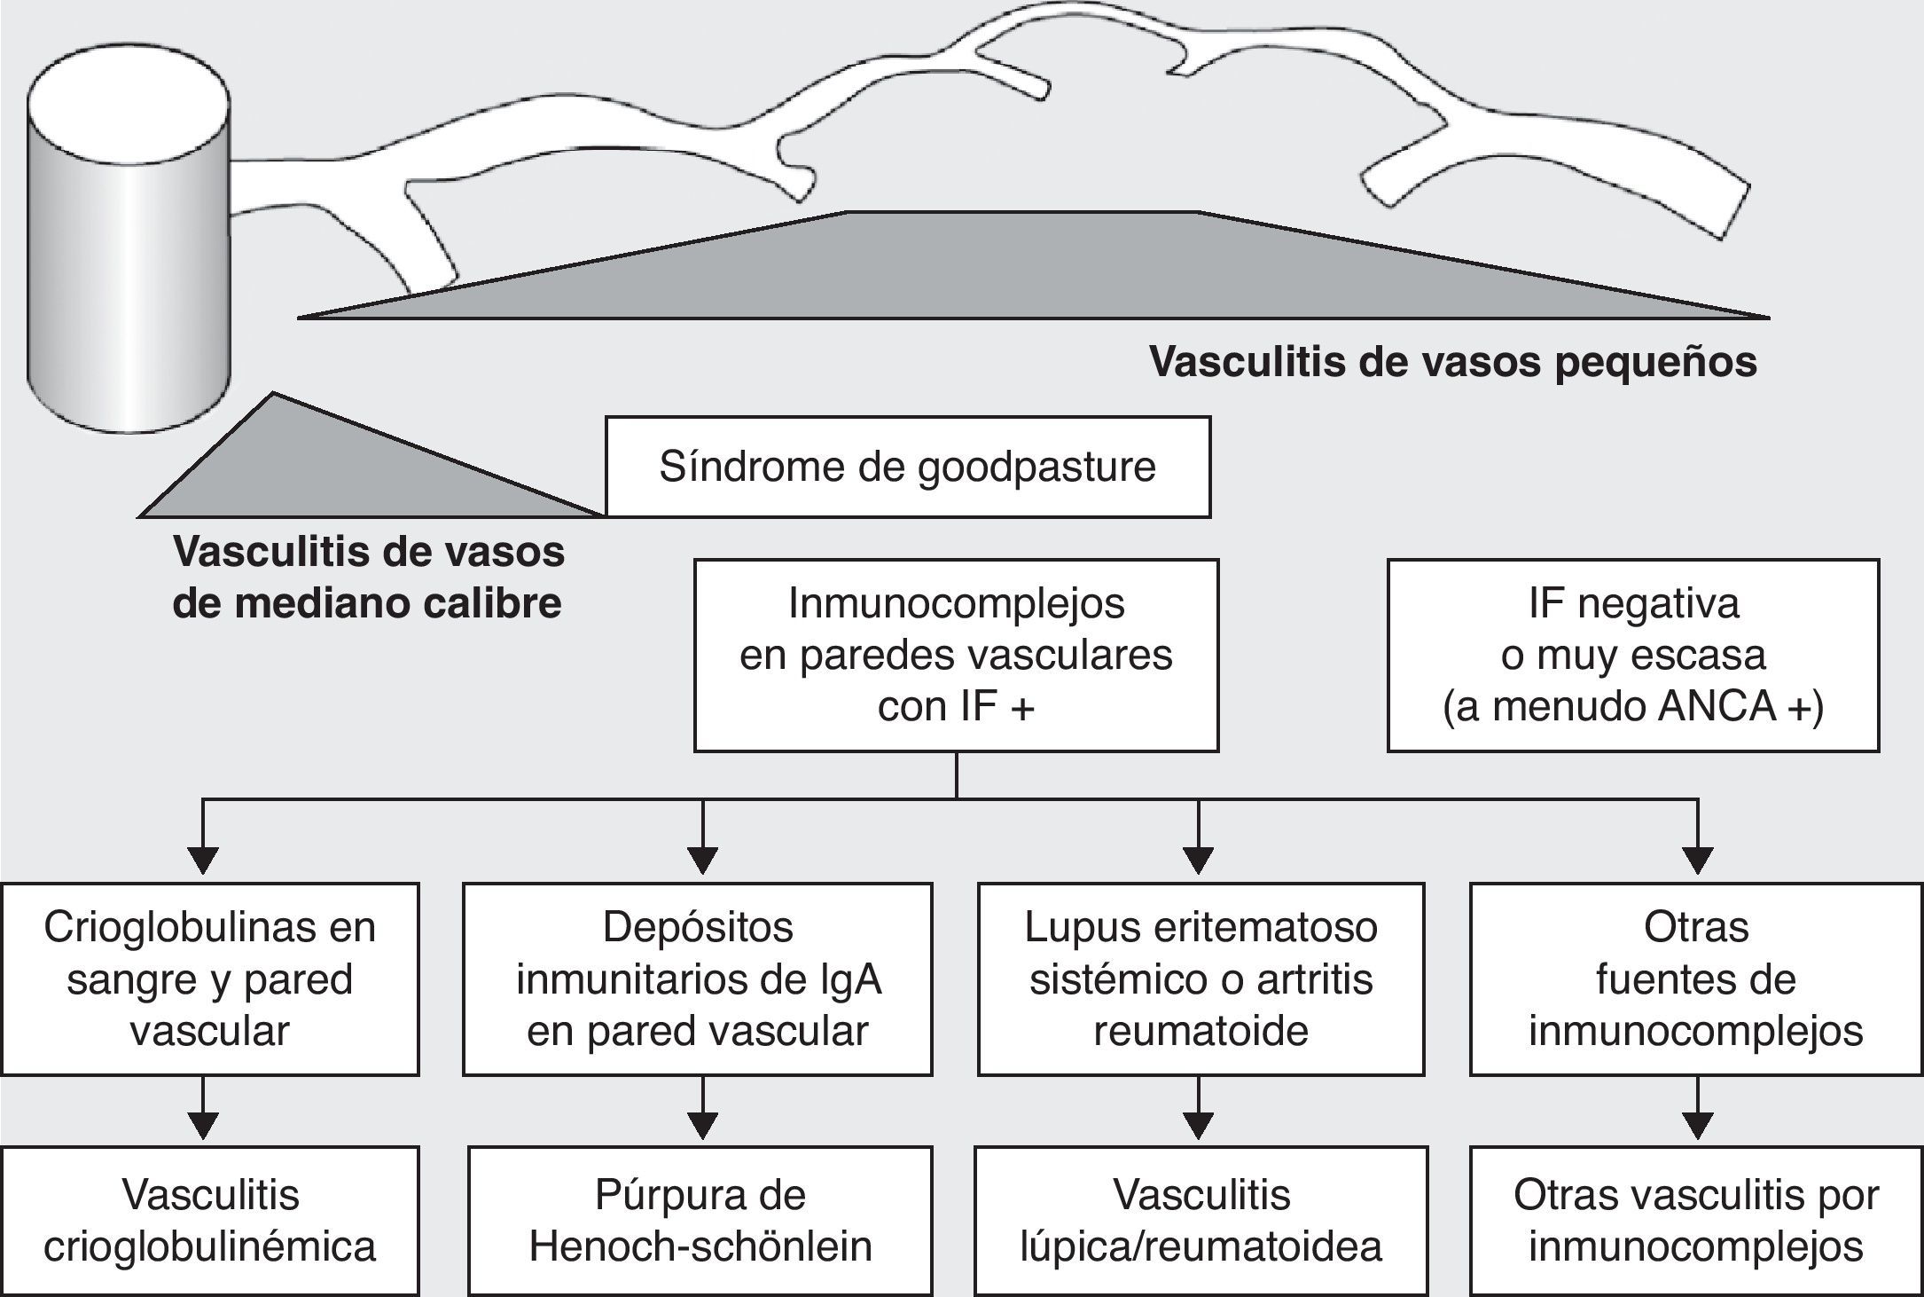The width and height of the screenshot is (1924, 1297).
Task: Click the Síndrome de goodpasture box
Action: pos(907,468)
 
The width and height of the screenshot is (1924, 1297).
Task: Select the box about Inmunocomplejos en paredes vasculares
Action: pos(956,655)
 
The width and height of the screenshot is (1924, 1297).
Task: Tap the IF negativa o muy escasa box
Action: pos(1632,655)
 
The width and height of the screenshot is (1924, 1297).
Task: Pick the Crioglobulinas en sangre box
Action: pos(209,979)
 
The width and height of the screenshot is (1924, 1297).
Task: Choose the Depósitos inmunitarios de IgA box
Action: pos(698,979)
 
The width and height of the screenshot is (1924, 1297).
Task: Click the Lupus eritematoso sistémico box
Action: pos(1201,979)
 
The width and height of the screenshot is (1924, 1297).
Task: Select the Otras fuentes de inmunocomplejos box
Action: pos(1695,979)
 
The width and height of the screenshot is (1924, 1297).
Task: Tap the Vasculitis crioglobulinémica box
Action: pos(209,1220)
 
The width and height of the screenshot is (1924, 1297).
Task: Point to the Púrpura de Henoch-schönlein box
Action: pos(700,1220)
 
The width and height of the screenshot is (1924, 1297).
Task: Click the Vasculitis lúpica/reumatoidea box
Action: pos(1201,1220)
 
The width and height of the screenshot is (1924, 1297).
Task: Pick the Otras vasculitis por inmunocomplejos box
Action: pos(1695,1220)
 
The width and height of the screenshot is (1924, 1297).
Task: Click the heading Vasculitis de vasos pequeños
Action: pos(1452,362)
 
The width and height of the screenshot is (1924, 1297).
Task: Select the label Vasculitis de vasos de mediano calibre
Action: pos(368,577)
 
